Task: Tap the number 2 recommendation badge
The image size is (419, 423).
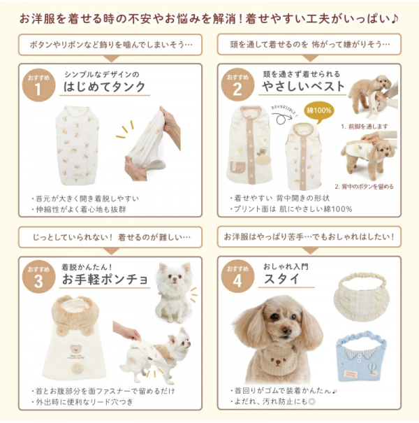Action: [x=237, y=85]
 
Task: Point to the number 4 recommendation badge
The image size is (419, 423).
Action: [x=237, y=278]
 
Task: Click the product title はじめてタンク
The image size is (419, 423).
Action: [x=105, y=87]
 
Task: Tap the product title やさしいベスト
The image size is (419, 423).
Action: [x=303, y=87]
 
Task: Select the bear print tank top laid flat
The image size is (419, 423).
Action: [x=77, y=144]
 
